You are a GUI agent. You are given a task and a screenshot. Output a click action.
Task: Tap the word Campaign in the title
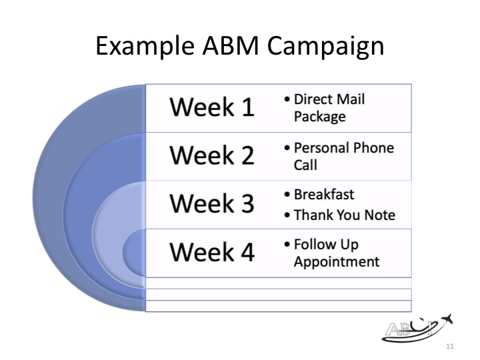pos(326,47)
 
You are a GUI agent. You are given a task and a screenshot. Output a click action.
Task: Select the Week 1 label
pos(211,107)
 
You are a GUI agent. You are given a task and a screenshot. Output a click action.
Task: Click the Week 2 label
pos(211,155)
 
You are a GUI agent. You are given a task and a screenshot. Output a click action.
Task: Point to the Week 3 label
pos(211,203)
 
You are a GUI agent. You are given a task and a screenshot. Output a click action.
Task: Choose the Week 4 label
pos(211,252)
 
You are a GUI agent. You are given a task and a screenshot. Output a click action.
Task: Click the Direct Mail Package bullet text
pos(329,108)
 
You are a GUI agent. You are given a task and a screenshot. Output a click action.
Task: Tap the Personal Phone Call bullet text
pos(343,156)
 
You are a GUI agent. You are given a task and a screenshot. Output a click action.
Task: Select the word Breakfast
pos(324,195)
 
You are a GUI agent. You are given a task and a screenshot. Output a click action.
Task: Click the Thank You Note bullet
pos(344,215)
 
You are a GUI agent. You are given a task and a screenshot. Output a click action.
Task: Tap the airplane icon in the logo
pos(445,320)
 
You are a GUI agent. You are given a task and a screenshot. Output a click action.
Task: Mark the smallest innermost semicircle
pos(134,252)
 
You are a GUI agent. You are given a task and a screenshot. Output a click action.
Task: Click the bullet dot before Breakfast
pos(287,195)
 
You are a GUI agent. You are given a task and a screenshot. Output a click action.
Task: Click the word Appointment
pos(336,261)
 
